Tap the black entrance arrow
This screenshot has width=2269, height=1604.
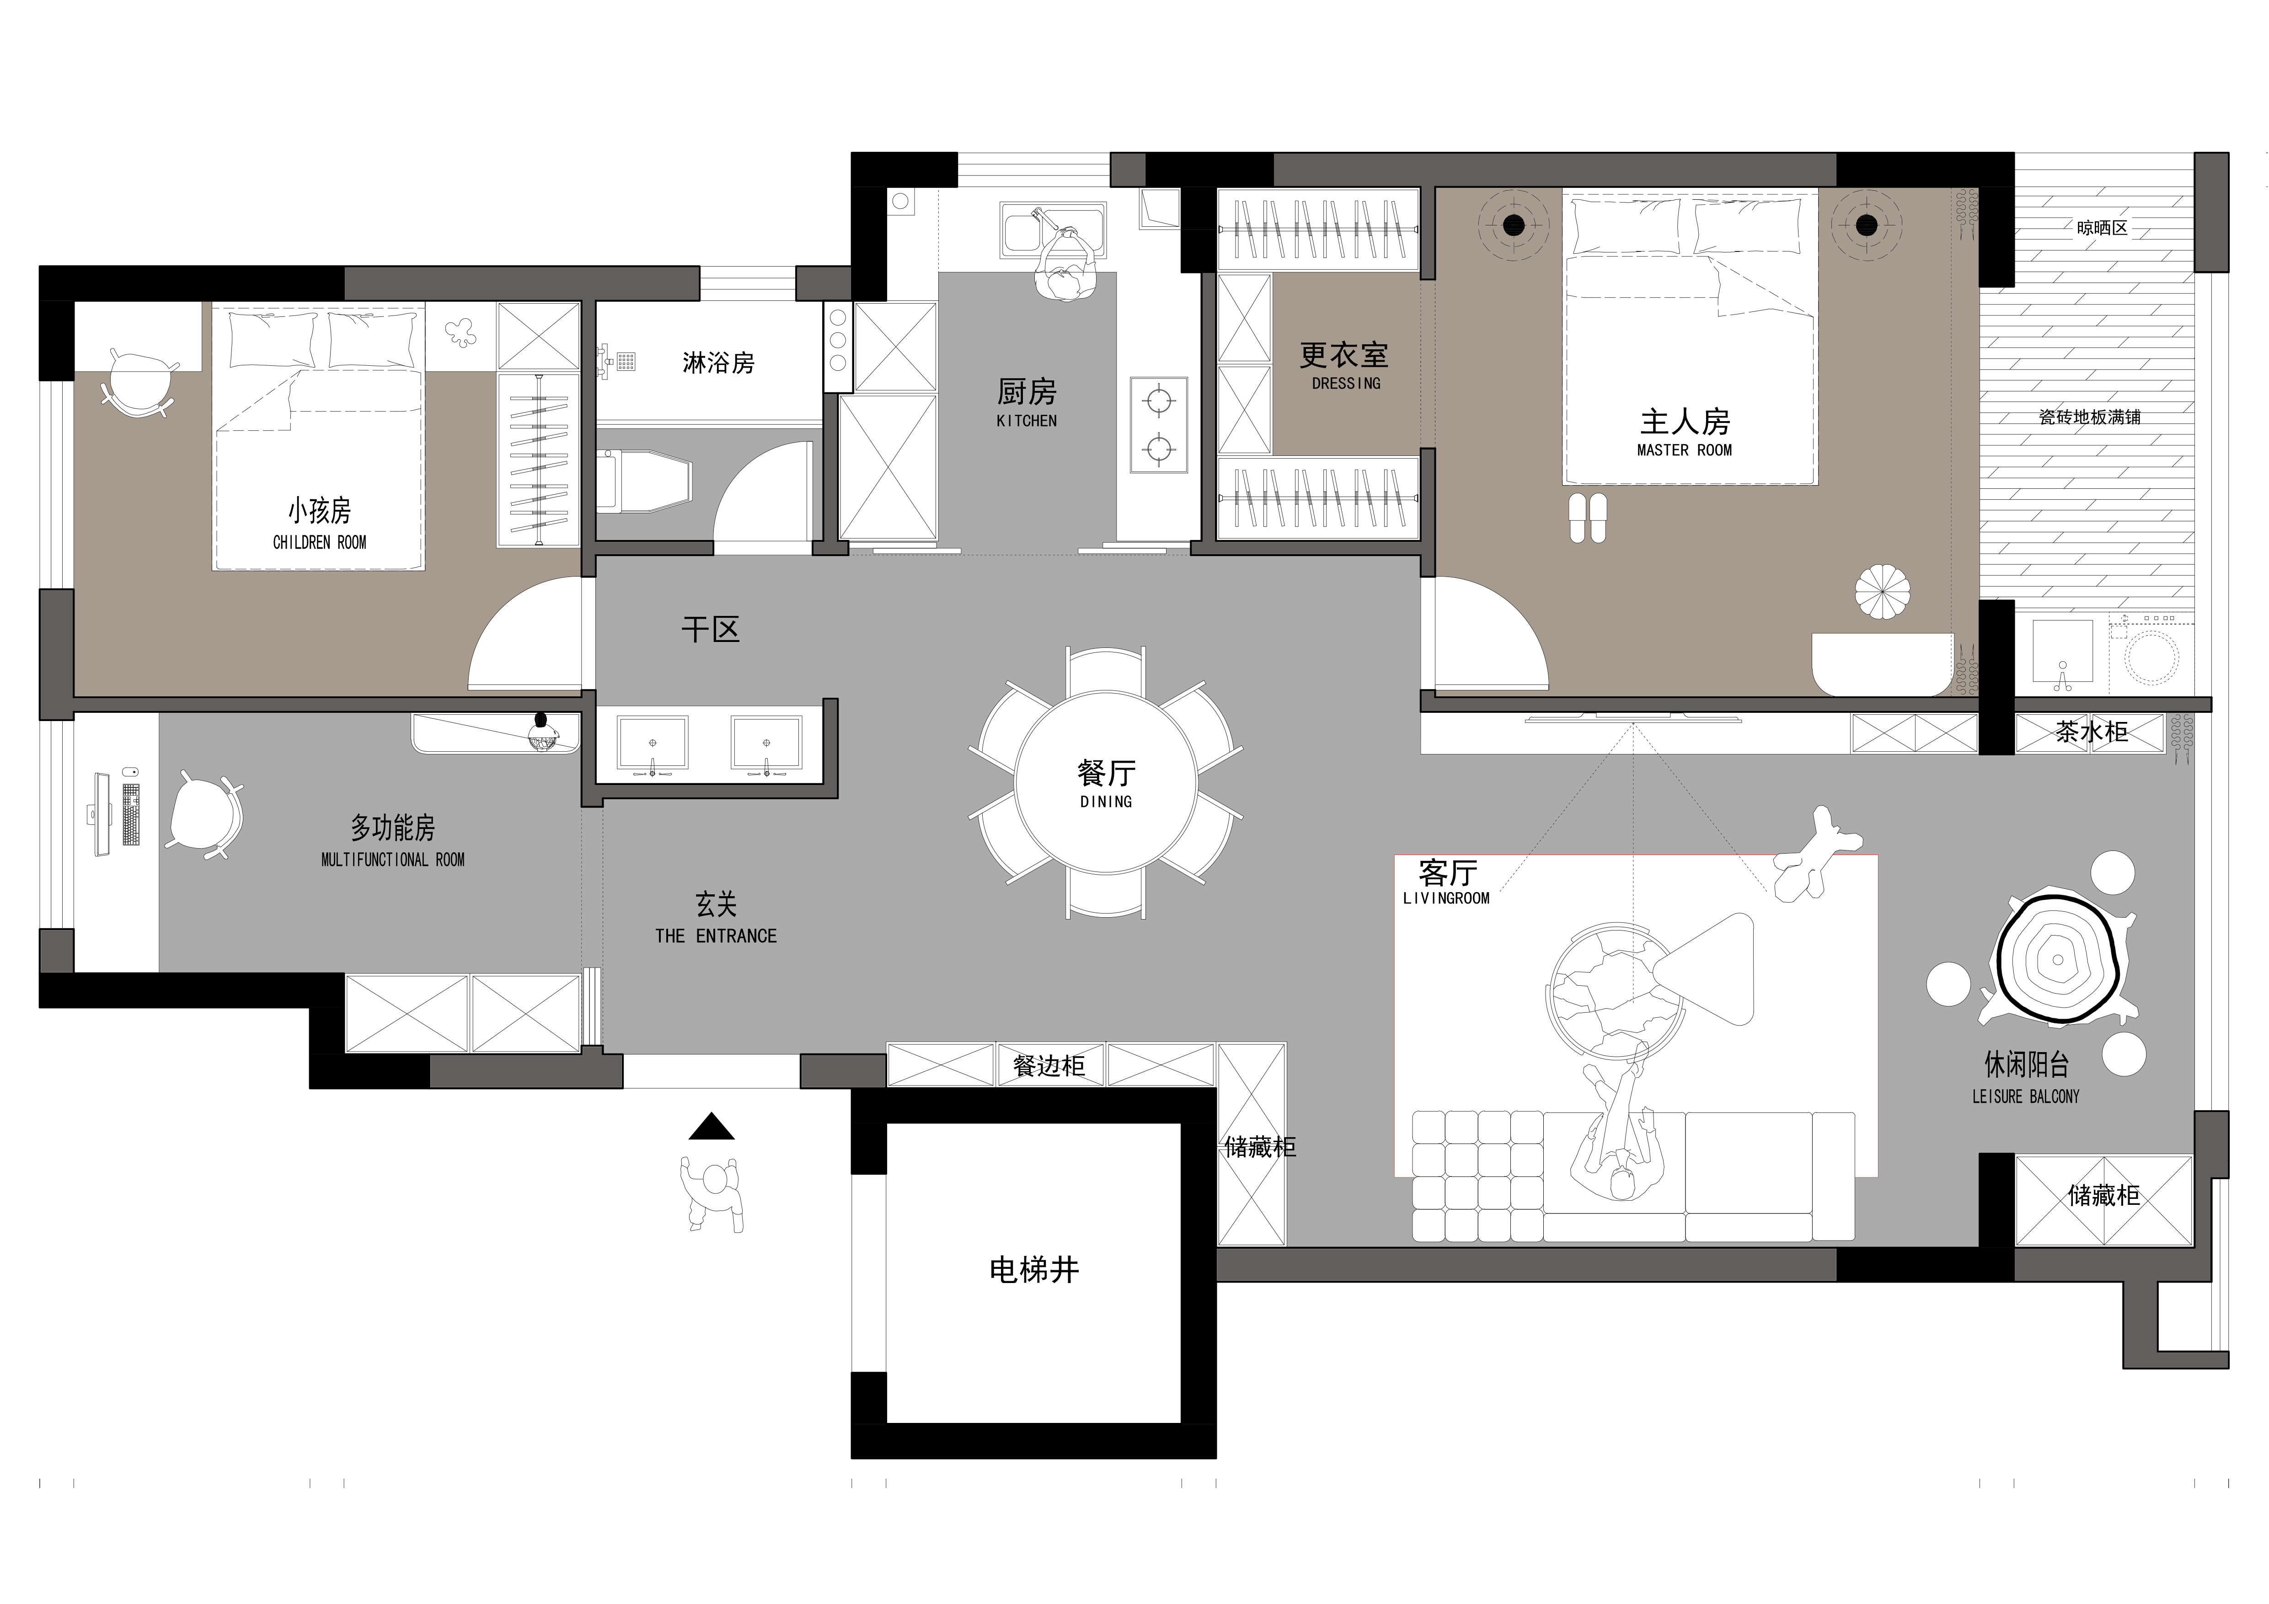[x=712, y=1127]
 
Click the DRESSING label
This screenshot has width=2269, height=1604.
[x=1346, y=384]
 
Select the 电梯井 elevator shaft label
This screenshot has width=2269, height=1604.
[x=1034, y=1270]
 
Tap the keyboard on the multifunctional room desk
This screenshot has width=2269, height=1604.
[x=130, y=814]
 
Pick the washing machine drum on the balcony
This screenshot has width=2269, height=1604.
[x=2151, y=657]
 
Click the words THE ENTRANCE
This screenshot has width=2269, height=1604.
[x=716, y=936]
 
